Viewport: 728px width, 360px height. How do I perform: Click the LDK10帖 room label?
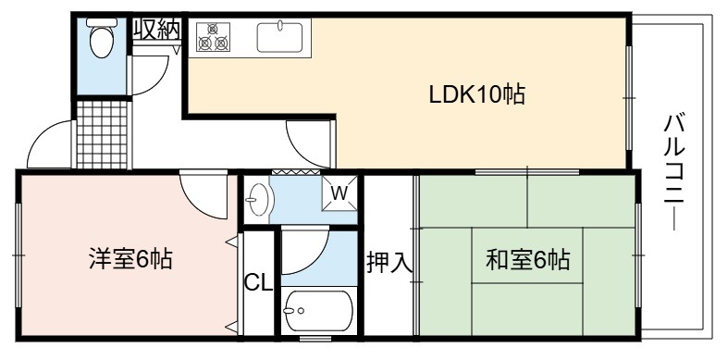tap(476, 95)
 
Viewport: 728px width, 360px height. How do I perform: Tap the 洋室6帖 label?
tap(130, 259)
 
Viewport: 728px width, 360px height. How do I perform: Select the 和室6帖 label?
tap(527, 260)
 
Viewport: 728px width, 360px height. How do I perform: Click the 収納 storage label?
tap(156, 30)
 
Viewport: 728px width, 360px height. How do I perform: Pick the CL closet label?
tap(258, 282)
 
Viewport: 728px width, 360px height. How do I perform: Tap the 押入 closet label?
tap(389, 263)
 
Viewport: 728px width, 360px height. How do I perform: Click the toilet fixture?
tap(102, 38)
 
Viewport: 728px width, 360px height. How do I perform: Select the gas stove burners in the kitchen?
tap(213, 37)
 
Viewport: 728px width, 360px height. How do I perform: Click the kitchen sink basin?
tap(280, 37)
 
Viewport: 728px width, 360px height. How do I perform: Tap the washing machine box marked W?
tap(339, 193)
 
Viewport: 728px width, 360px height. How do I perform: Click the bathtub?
tap(318, 311)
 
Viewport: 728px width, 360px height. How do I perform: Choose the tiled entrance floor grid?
tap(102, 134)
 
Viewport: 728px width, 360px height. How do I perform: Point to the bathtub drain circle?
tap(302, 310)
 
